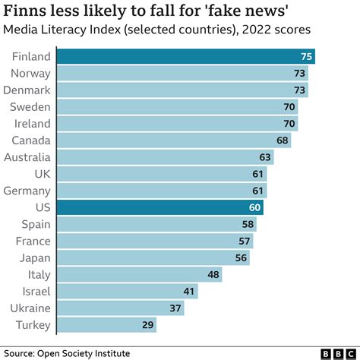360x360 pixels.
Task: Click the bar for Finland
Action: click(x=186, y=56)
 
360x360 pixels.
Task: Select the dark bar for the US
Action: click(x=161, y=207)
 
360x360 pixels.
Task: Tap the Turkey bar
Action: click(x=107, y=324)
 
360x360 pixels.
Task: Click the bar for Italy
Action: click(x=140, y=274)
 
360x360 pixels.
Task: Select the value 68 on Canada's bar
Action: click(x=282, y=141)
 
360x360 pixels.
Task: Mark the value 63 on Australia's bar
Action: click(x=265, y=157)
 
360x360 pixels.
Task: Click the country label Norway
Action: click(x=31, y=73)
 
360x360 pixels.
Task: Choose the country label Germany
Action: click(x=28, y=191)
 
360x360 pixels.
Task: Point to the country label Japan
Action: click(x=35, y=257)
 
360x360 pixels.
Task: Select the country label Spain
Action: click(x=35, y=224)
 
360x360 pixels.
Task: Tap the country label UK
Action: click(x=42, y=174)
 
